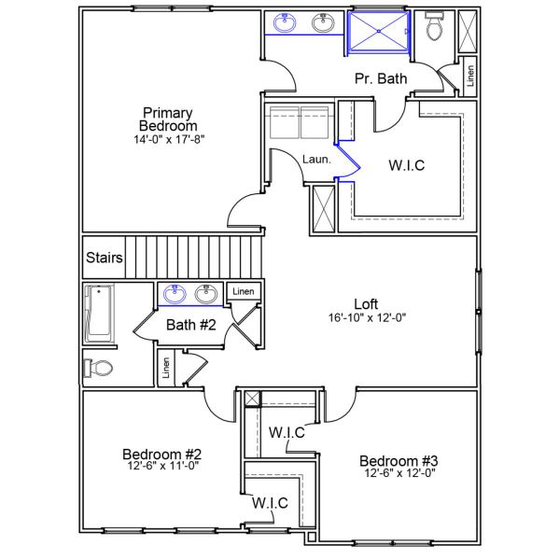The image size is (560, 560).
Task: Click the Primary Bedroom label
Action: tap(168, 119)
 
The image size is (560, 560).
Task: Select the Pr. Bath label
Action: tap(381, 79)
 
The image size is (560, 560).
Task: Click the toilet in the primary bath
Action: tap(433, 28)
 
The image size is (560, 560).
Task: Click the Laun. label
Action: tap(316, 160)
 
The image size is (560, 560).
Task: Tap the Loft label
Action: tap(366, 303)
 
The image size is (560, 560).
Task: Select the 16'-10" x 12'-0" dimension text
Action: tap(366, 317)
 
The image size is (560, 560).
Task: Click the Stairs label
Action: tap(103, 258)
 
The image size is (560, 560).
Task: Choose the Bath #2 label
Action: tap(191, 325)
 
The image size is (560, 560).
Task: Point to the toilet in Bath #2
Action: tap(98, 367)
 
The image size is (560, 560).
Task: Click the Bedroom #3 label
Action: tap(399, 460)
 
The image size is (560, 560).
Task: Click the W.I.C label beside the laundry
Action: tap(407, 165)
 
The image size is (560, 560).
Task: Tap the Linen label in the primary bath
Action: tap(469, 75)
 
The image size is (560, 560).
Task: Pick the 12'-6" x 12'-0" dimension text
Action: tap(399, 473)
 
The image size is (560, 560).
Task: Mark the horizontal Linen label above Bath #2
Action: tap(242, 292)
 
